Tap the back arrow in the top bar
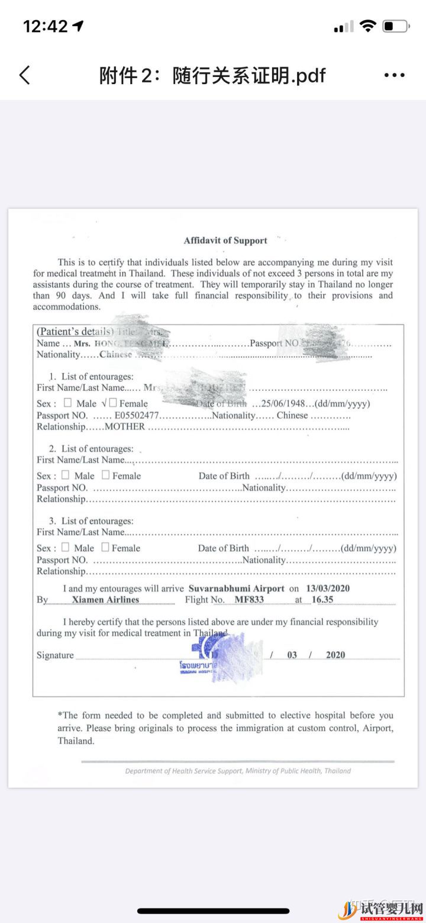coord(24,75)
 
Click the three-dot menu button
coord(394,75)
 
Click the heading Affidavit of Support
coord(225,240)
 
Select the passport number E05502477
coord(137,415)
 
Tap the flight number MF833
coord(249,600)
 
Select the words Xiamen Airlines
coord(105,600)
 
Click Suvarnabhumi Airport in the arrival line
coord(236,588)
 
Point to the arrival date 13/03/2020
coord(328,588)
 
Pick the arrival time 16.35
coord(322,600)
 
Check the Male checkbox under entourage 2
coord(65,475)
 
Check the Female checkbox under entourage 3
coord(105,547)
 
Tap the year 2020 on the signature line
coord(335,655)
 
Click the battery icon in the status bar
coord(396,26)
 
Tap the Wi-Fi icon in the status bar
coord(368,26)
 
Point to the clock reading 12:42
coord(46,26)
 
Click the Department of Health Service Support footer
coord(238,771)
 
